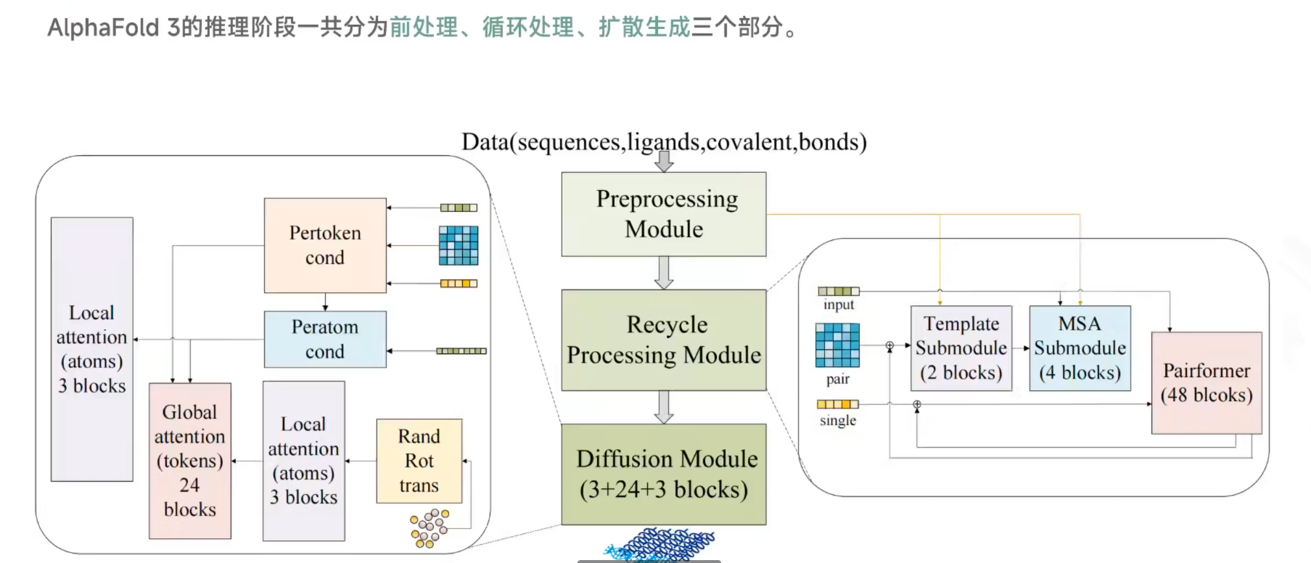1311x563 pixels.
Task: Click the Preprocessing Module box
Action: pos(663,214)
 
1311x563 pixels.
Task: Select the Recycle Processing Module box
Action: pos(663,340)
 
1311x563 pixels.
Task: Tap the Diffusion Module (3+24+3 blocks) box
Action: pos(663,474)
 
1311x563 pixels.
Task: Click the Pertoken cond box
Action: pos(325,245)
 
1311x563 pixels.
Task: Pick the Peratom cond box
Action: pos(325,340)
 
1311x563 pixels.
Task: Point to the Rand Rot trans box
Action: pos(419,461)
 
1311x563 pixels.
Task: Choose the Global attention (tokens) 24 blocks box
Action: pos(189,461)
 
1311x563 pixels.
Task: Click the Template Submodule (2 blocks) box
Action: pos(961,348)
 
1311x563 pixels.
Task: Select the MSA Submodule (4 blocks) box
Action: pos(1080,348)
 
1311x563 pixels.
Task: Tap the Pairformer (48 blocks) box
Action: pos(1206,383)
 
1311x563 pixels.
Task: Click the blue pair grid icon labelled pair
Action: pos(837,345)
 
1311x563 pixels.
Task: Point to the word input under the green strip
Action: pos(838,305)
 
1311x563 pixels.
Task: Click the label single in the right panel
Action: pos(838,421)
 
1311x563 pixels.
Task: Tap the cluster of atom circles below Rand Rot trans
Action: pos(430,528)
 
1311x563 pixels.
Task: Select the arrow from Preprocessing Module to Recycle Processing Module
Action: pos(663,273)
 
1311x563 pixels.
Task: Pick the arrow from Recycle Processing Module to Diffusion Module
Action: pos(663,407)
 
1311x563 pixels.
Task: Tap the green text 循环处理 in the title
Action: pos(527,28)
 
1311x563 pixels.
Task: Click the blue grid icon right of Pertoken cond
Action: pos(459,245)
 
